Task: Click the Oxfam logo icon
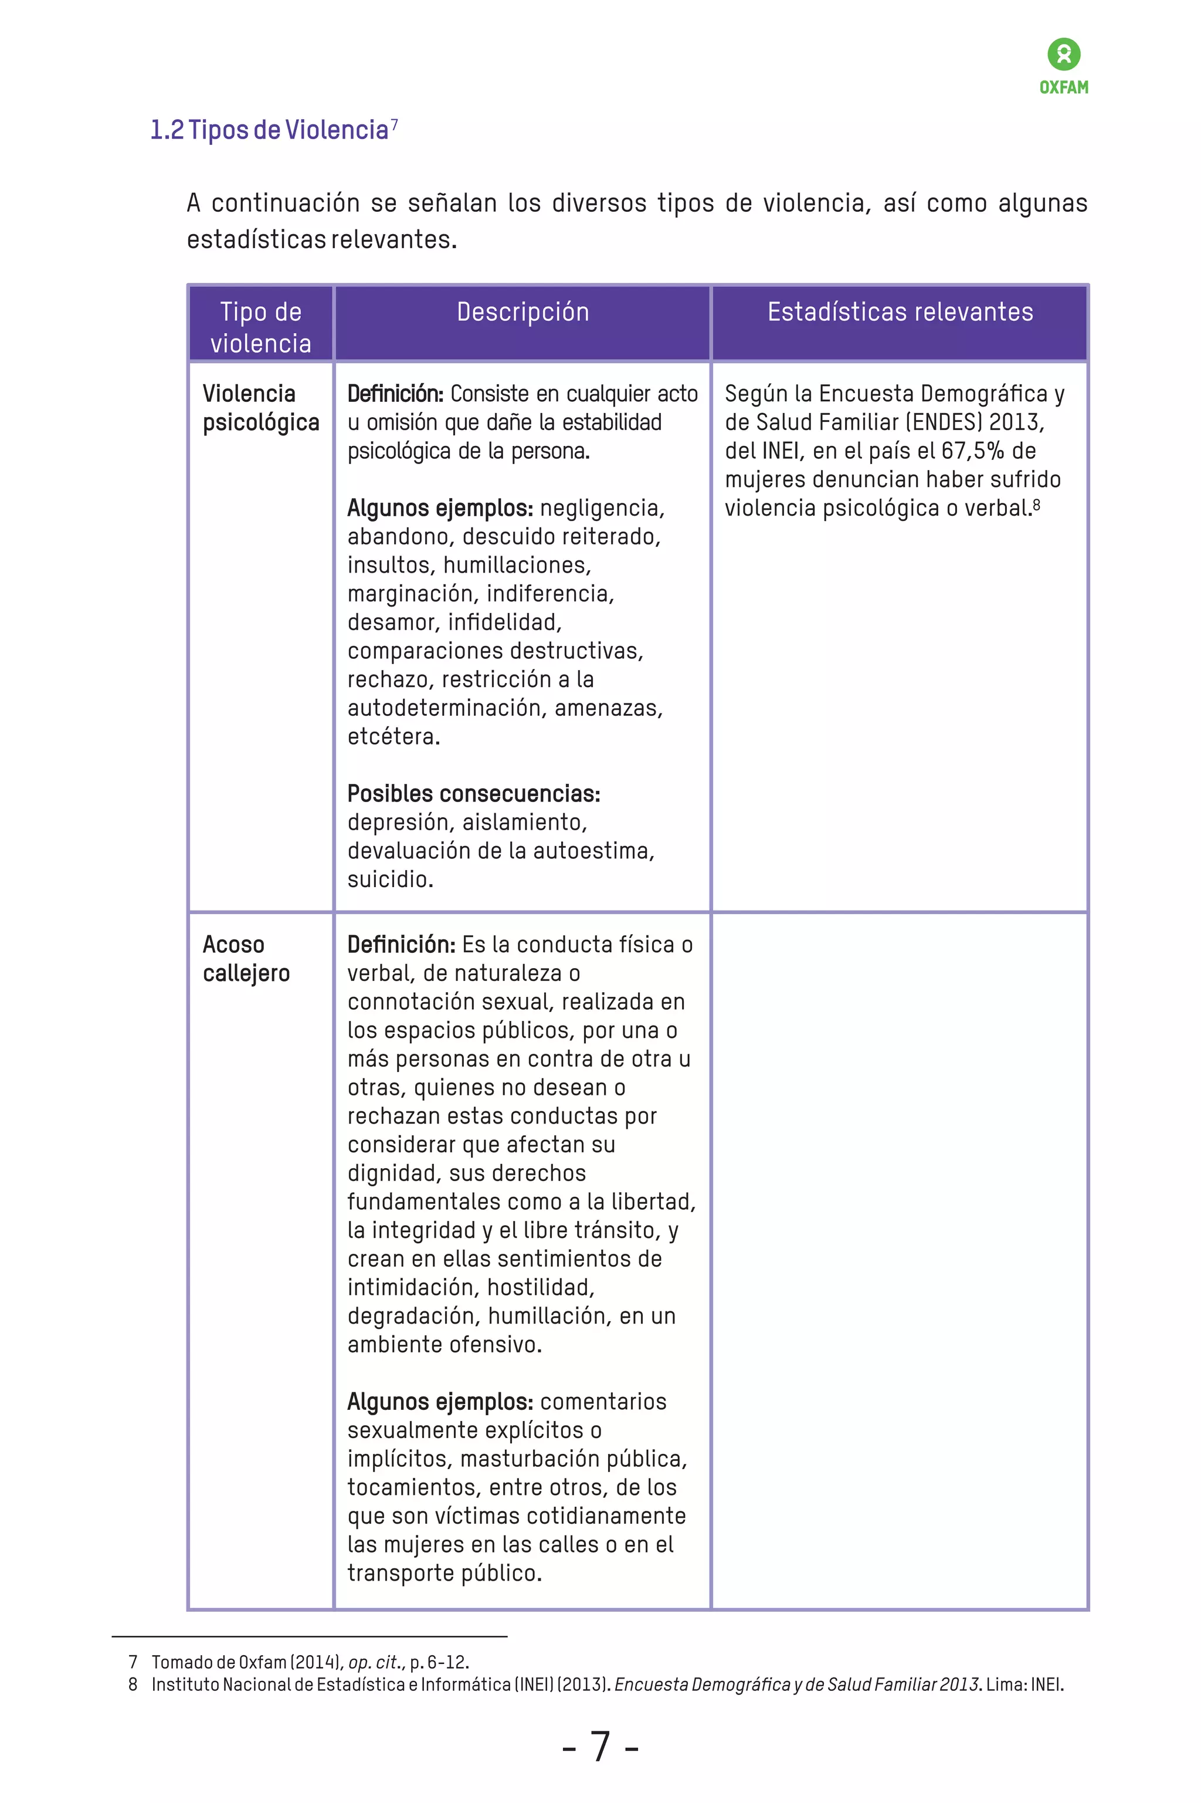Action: tap(1064, 55)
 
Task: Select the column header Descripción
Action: tap(523, 312)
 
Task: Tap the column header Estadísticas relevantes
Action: tap(900, 312)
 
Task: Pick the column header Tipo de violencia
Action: tap(260, 327)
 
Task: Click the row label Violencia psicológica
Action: tap(260, 408)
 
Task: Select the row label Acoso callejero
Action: tap(246, 959)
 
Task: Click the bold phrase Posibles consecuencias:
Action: tap(473, 793)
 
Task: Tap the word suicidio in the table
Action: tap(389, 879)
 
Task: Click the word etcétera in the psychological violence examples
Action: tap(393, 736)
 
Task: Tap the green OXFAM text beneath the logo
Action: tap(1064, 87)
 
